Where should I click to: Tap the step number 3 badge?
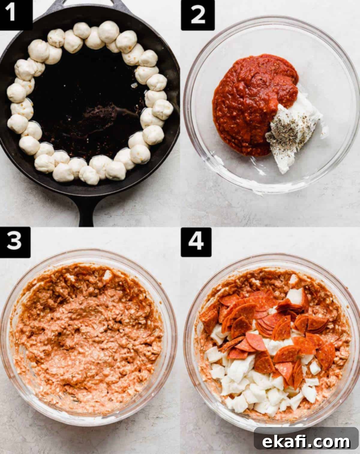point(15,242)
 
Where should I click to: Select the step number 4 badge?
point(196,242)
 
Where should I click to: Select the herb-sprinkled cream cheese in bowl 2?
point(294,131)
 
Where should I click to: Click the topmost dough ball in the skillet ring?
point(109,32)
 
